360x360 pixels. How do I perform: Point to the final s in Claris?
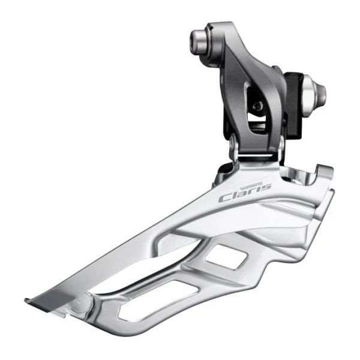coord(266,187)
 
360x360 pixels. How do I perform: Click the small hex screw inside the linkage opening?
coord(258,106)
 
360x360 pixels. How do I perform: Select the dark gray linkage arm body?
coord(240,78)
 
